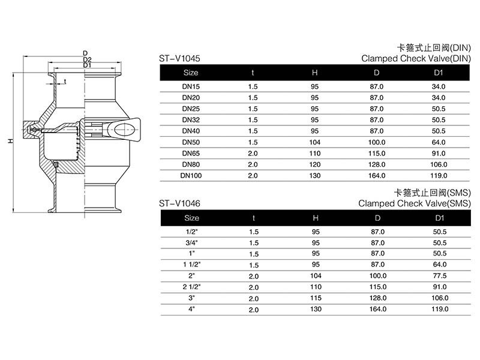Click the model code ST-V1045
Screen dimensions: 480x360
[x=179, y=58]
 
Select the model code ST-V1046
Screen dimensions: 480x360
[x=179, y=203]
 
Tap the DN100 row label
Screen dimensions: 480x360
[x=191, y=176]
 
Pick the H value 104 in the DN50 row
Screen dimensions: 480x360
[x=314, y=142]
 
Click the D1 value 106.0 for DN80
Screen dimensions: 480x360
[x=439, y=164]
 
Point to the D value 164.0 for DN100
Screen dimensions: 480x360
[x=377, y=176]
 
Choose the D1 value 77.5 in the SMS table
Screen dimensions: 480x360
[x=440, y=276]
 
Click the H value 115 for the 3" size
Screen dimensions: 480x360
[x=316, y=298]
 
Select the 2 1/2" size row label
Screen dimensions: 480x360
[x=191, y=287]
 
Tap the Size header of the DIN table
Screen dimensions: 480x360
[x=191, y=73]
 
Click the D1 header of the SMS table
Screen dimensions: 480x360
[x=440, y=218]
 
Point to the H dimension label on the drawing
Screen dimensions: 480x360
[x=11, y=141]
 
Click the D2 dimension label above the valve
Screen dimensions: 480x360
[x=87, y=59]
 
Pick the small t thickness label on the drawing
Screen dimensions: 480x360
[x=65, y=82]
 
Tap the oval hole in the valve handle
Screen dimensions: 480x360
[x=124, y=130]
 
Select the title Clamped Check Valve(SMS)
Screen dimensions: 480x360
[x=415, y=203]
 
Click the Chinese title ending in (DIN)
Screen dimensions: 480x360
[x=434, y=48]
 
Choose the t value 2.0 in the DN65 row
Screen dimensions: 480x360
[x=253, y=154]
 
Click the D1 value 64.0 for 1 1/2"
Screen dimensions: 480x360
[x=440, y=265]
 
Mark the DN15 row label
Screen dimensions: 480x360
[x=191, y=86]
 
